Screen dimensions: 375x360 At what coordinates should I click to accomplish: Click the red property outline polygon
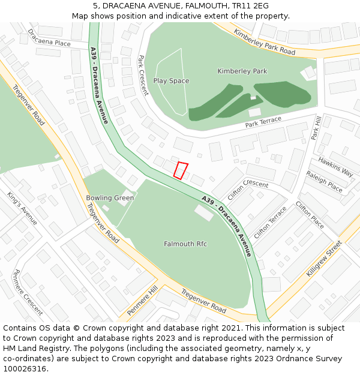coord(181,170)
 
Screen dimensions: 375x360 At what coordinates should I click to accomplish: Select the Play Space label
coord(171,81)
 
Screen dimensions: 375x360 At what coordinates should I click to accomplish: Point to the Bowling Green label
coord(110,198)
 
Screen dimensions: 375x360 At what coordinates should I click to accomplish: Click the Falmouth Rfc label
coord(185,244)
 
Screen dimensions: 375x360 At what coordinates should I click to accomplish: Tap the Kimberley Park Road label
coord(265,42)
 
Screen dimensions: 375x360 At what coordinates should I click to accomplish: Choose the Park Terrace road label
coord(263,123)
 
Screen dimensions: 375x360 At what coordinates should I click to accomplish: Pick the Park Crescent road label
coord(143,76)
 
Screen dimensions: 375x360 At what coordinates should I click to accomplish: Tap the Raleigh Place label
coord(324,181)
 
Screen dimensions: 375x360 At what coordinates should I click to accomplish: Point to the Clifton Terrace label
coord(270,223)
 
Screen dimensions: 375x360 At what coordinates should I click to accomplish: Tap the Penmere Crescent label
coord(28,292)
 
